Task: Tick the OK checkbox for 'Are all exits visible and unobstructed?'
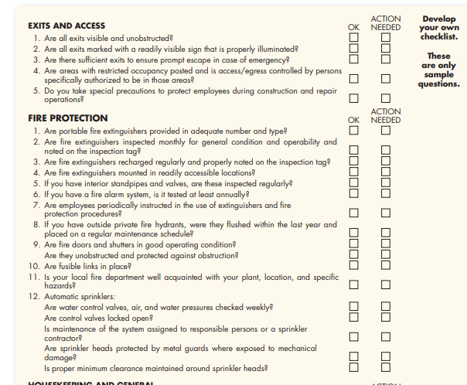pos(354,37)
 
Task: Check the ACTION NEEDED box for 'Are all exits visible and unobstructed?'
pos(386,37)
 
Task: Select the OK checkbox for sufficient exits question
pos(354,58)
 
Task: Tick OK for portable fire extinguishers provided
pos(354,130)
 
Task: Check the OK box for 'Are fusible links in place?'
pos(354,266)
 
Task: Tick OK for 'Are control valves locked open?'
pos(354,316)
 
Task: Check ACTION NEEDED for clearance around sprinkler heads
pos(386,367)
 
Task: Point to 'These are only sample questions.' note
pos(438,70)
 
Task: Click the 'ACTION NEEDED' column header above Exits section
pos(386,23)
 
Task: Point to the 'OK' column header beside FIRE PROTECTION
pos(354,120)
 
